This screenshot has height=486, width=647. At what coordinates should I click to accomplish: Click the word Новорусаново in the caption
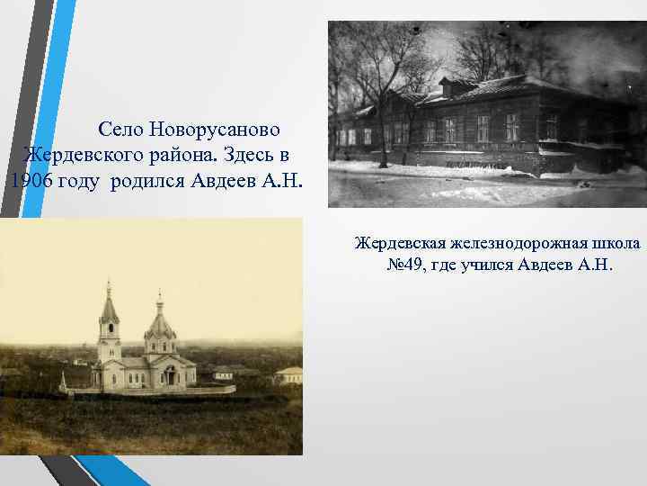(x=218, y=130)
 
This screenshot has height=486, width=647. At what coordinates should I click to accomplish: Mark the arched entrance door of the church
(x=168, y=376)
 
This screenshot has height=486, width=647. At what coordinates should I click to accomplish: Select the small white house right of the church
(x=288, y=374)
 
